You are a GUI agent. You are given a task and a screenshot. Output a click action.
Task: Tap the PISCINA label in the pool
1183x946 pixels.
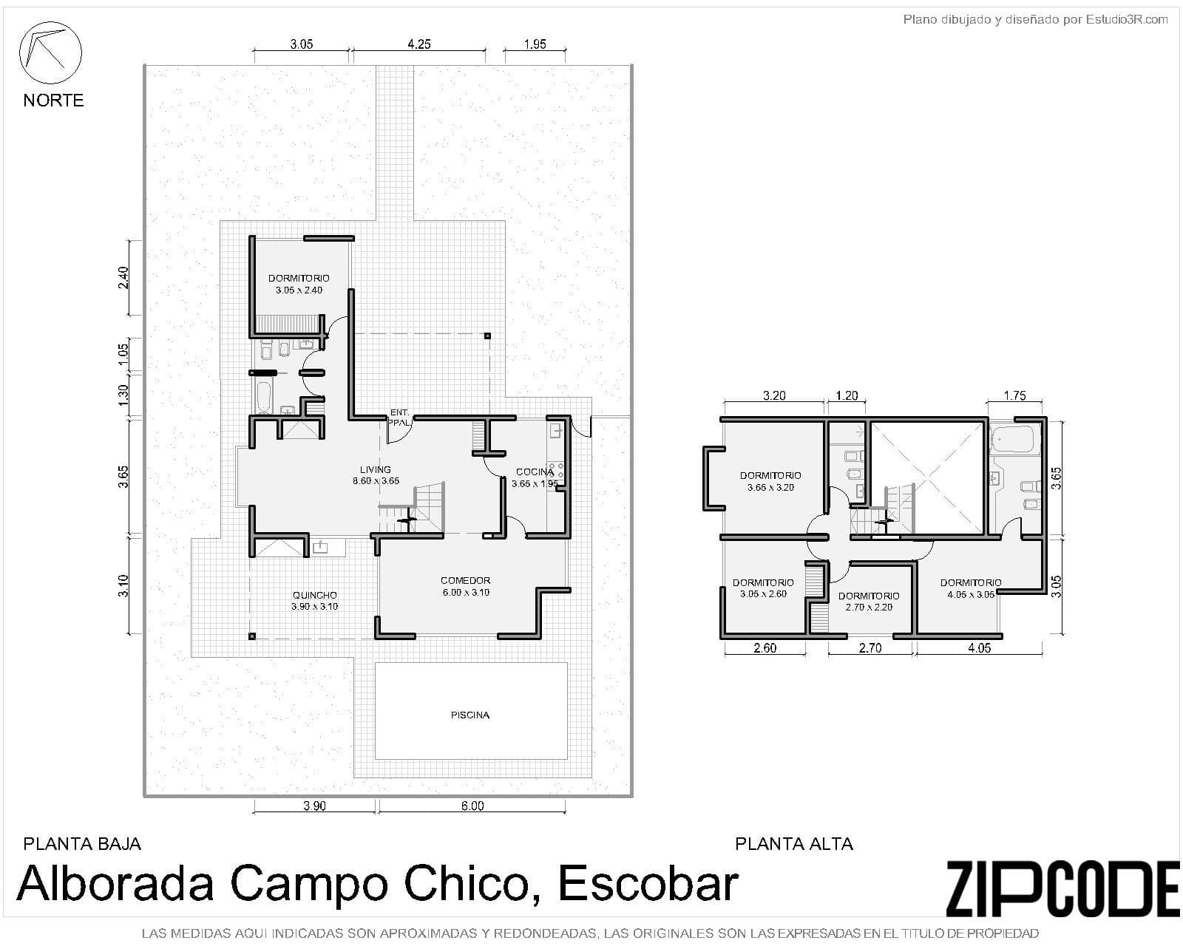point(470,715)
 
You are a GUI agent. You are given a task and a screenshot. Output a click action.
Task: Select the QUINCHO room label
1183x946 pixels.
point(314,595)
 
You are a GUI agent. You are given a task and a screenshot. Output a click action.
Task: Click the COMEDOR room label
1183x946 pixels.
point(465,580)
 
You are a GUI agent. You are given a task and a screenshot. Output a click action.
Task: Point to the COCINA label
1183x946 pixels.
point(535,472)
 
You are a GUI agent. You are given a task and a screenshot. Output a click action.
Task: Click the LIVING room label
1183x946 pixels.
point(376,469)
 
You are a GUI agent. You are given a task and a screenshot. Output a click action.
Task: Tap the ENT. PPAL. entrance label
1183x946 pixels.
point(399,418)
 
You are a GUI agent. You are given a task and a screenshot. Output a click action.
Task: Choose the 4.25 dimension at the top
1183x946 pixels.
point(419,44)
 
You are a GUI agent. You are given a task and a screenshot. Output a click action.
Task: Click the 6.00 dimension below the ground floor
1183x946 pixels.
point(472,806)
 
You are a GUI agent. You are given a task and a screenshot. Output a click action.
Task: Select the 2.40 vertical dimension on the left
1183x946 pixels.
point(123,277)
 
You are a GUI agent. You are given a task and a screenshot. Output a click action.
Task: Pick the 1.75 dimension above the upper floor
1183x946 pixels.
point(1014,395)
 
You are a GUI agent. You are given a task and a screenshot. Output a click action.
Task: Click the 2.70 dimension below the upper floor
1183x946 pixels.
point(870,648)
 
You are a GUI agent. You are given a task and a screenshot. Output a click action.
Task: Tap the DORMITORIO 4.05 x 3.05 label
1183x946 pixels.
point(971,588)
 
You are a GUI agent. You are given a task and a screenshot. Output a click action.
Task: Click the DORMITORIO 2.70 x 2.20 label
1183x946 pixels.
point(869,602)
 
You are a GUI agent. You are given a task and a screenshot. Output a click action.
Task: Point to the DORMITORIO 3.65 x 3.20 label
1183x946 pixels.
point(770,481)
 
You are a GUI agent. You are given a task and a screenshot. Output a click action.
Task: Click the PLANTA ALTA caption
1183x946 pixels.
point(794,844)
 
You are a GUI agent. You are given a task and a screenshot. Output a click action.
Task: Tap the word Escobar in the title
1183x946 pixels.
point(648,883)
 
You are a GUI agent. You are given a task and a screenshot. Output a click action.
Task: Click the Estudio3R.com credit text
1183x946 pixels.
point(1126,20)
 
